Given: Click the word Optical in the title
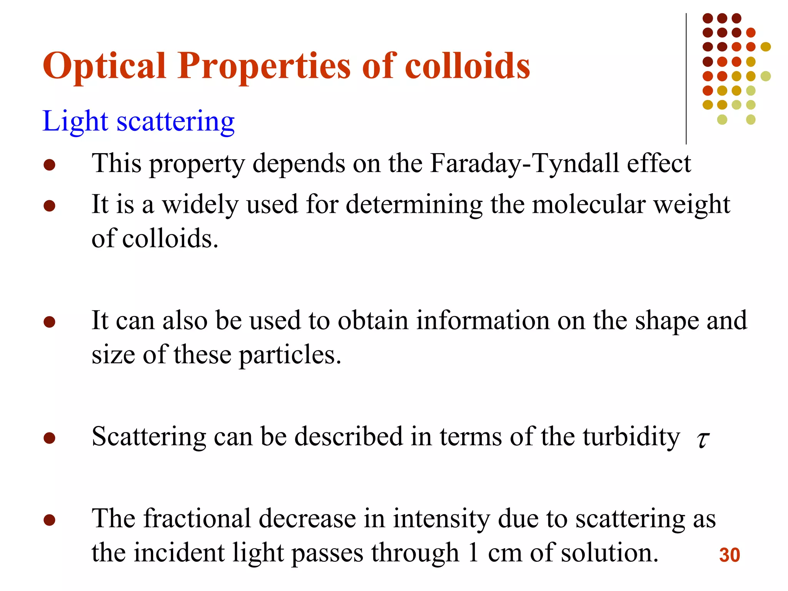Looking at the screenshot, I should [x=104, y=66].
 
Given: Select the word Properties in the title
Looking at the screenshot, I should [x=264, y=66].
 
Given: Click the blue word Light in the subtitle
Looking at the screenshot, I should [x=75, y=122].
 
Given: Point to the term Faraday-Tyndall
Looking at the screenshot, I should [x=524, y=164].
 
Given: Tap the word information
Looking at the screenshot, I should [x=483, y=321].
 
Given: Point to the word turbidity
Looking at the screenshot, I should [x=631, y=437].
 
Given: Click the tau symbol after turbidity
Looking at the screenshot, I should [x=703, y=439].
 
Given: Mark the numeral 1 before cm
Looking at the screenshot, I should [x=473, y=553].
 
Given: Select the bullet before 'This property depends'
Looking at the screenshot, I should [x=49, y=165].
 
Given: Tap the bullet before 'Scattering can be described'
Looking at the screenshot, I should [x=49, y=438].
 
